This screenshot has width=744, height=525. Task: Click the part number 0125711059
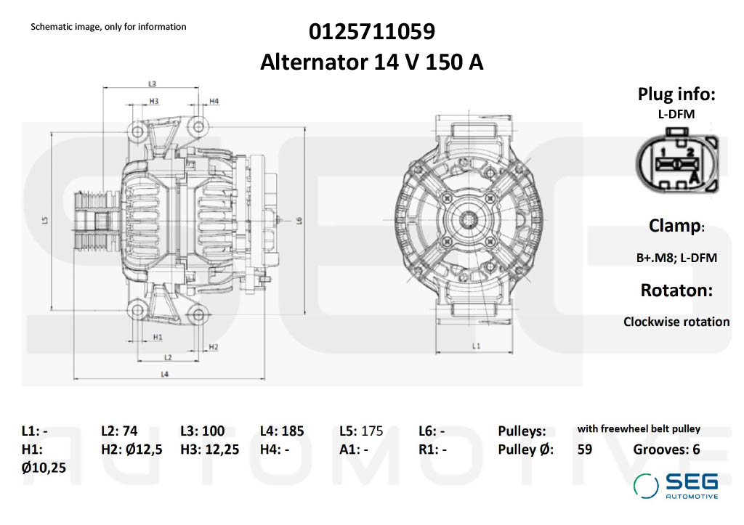tap(371, 32)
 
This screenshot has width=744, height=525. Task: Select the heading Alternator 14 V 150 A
tap(371, 62)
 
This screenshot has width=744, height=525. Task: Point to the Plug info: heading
tap(676, 94)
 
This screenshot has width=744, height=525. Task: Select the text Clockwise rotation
tap(676, 322)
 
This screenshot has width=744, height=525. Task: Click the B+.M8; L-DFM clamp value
tap(676, 257)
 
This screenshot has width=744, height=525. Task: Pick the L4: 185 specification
tap(282, 431)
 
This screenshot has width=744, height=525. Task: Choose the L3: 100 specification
tap(202, 431)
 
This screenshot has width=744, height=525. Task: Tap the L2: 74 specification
tap(119, 431)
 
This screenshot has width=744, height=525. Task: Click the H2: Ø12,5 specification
tap(132, 449)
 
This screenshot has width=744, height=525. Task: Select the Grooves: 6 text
tap(666, 449)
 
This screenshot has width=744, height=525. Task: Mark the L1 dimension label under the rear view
tap(476, 346)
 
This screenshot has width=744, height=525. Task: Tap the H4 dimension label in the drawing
tap(214, 101)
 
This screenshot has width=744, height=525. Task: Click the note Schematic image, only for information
tap(108, 27)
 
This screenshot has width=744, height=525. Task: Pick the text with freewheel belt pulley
tap(639, 429)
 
